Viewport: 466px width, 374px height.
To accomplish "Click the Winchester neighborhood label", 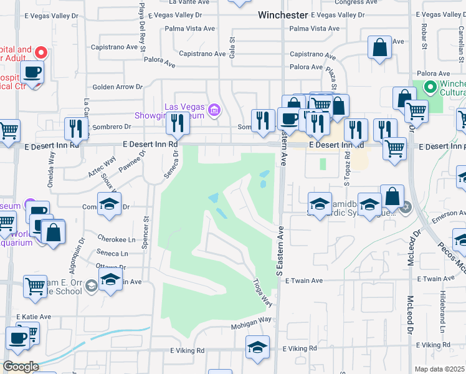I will click(283, 14).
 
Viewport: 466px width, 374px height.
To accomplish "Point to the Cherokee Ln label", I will click(117, 239).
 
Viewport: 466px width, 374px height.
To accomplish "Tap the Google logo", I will click(21, 367).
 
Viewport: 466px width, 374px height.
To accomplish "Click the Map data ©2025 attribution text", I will click(440, 369).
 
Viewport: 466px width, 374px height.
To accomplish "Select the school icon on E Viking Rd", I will click(257, 347).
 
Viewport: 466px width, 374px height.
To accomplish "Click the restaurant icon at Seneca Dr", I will click(178, 123).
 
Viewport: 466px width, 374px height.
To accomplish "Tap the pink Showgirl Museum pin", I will click(215, 110).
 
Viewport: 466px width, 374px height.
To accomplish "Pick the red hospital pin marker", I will click(42, 53).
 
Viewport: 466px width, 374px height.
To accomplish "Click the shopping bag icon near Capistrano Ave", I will click(379, 47).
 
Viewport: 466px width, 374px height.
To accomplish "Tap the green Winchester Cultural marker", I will click(429, 88).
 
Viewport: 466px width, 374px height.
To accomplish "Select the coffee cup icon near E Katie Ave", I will click(18, 337).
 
